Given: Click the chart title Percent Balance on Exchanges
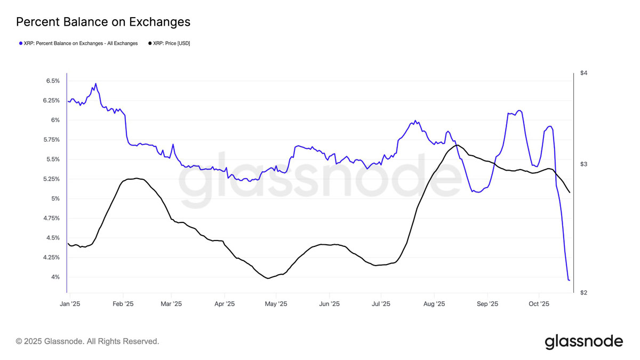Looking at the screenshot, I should [x=103, y=22].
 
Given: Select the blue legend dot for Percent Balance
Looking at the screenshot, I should [x=21, y=43].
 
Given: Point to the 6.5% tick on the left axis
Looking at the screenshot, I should [x=52, y=81].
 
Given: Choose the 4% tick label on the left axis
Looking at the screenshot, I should [x=55, y=277].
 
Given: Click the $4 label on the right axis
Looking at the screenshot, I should [x=583, y=73].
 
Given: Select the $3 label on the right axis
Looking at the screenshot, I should [x=583, y=164].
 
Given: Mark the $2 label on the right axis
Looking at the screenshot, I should [x=583, y=293].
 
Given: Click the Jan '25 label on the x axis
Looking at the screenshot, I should [x=69, y=304].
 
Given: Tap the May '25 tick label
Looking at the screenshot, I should [x=276, y=304].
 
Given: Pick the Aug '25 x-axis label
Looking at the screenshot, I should [x=434, y=304].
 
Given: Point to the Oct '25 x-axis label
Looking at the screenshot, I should [x=539, y=304].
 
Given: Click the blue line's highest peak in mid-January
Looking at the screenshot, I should [x=95, y=84].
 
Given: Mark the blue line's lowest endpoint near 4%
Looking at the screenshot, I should [x=569, y=280].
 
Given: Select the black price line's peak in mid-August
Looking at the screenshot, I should [x=457, y=145].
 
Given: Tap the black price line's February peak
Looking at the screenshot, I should [x=137, y=178].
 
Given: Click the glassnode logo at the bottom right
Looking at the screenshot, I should [x=583, y=341].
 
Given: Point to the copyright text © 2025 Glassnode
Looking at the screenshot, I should [x=87, y=341].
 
